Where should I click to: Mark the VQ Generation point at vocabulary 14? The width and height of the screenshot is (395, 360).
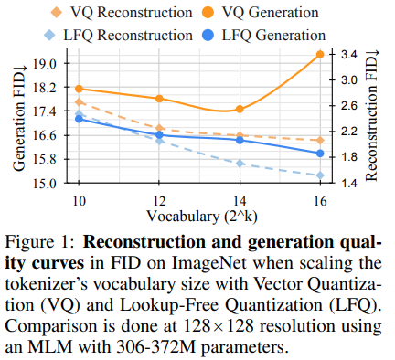240,110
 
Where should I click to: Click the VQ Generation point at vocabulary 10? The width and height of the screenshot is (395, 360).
80,89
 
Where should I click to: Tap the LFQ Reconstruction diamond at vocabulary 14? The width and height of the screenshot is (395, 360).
240,164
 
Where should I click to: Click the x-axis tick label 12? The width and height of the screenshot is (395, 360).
160,200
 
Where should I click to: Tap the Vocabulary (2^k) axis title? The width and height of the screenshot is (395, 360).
198,216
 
